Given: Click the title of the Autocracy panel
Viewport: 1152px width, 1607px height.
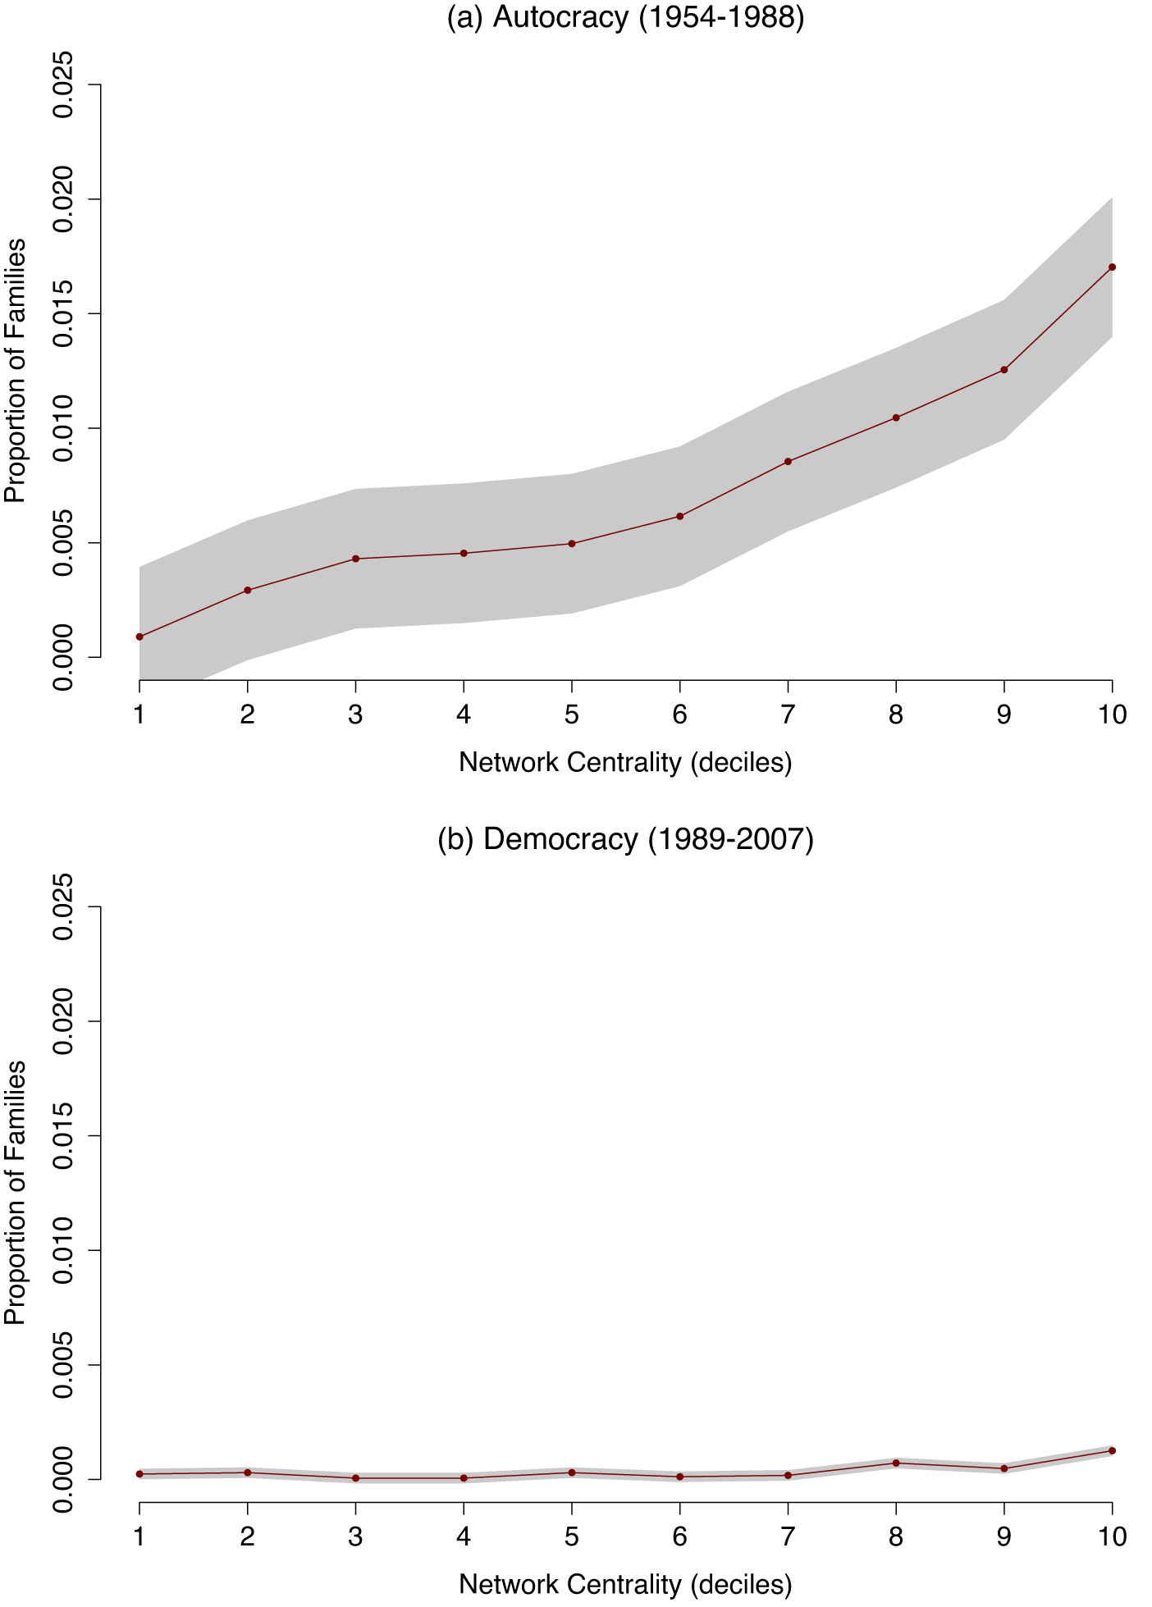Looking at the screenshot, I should [625, 17].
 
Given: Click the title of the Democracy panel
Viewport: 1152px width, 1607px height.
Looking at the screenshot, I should [625, 839].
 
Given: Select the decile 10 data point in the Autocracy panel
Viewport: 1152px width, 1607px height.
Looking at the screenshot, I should [1112, 267].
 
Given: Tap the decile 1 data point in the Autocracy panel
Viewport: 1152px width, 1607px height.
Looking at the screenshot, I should [139, 637].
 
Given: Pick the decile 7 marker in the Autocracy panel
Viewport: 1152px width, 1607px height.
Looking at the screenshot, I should [788, 462].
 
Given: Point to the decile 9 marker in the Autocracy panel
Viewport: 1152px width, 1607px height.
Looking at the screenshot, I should [1003, 370].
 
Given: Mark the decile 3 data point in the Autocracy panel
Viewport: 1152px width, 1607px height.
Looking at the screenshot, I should [355, 559].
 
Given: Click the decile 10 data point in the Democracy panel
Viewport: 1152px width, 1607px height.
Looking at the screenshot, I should [1112, 1450].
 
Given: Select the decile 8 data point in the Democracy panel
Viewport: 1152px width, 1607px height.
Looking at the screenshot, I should [896, 1463].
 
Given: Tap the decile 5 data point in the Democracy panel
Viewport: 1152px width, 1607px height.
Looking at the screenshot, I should [572, 1472].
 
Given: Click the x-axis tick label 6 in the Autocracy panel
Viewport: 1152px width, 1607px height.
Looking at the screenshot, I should [679, 714].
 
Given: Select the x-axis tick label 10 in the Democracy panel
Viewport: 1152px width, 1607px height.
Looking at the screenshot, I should [1112, 1536].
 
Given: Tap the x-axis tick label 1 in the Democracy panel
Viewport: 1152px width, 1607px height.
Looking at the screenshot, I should [139, 1536].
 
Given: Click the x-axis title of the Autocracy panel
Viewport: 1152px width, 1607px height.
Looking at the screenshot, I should [625, 763].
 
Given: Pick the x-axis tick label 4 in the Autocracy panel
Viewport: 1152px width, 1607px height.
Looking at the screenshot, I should [464, 714].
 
